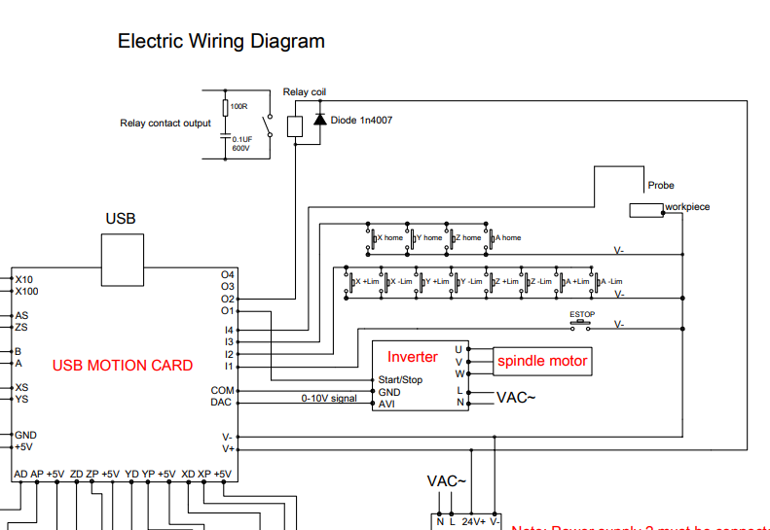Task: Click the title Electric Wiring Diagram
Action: (x=221, y=41)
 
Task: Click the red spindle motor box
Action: (x=542, y=361)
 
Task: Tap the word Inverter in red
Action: (x=413, y=357)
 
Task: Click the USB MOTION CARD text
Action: (x=123, y=366)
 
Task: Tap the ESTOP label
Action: (x=582, y=314)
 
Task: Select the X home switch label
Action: (x=389, y=237)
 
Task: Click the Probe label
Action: (x=661, y=185)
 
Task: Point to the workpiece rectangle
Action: (x=645, y=210)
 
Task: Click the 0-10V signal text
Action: (x=329, y=398)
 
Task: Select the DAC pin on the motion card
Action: (x=221, y=403)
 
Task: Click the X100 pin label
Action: (x=27, y=291)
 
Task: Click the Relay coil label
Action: (x=305, y=92)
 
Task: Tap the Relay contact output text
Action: (x=165, y=124)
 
